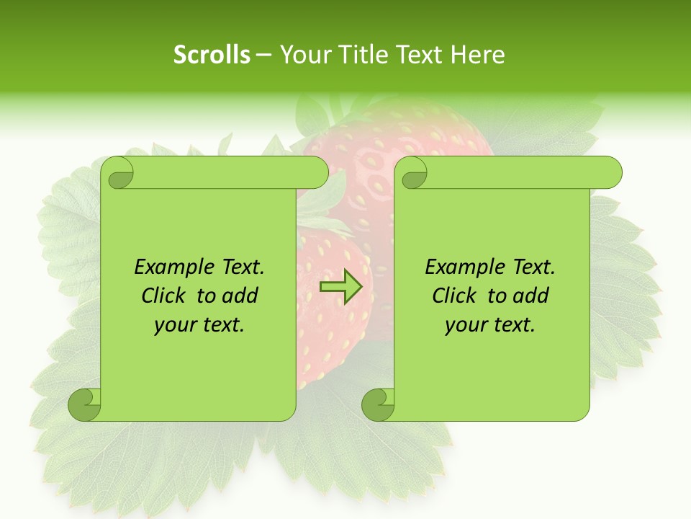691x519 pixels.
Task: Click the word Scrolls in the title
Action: click(x=212, y=55)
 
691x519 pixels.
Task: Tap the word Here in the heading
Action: click(x=477, y=55)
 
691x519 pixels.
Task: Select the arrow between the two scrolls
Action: click(x=340, y=287)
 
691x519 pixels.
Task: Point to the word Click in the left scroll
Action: click(x=157, y=296)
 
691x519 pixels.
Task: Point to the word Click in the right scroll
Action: click(x=448, y=296)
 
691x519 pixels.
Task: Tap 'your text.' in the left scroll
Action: click(x=199, y=324)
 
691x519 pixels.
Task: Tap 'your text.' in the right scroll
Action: click(x=489, y=324)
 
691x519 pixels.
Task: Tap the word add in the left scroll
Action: click(x=240, y=296)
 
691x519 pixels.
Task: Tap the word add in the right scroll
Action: click(x=531, y=296)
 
